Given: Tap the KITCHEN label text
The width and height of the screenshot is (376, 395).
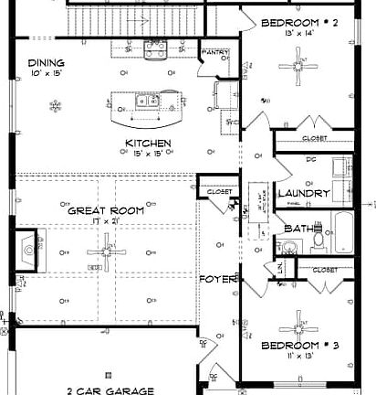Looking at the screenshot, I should (144, 144).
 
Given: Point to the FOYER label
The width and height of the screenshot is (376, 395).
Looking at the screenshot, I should (219, 278).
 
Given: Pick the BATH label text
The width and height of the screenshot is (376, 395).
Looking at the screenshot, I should (297, 229).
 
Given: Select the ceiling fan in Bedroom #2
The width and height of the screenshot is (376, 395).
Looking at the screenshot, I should (297, 63).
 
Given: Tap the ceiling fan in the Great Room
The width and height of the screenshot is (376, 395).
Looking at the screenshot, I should (108, 248).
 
